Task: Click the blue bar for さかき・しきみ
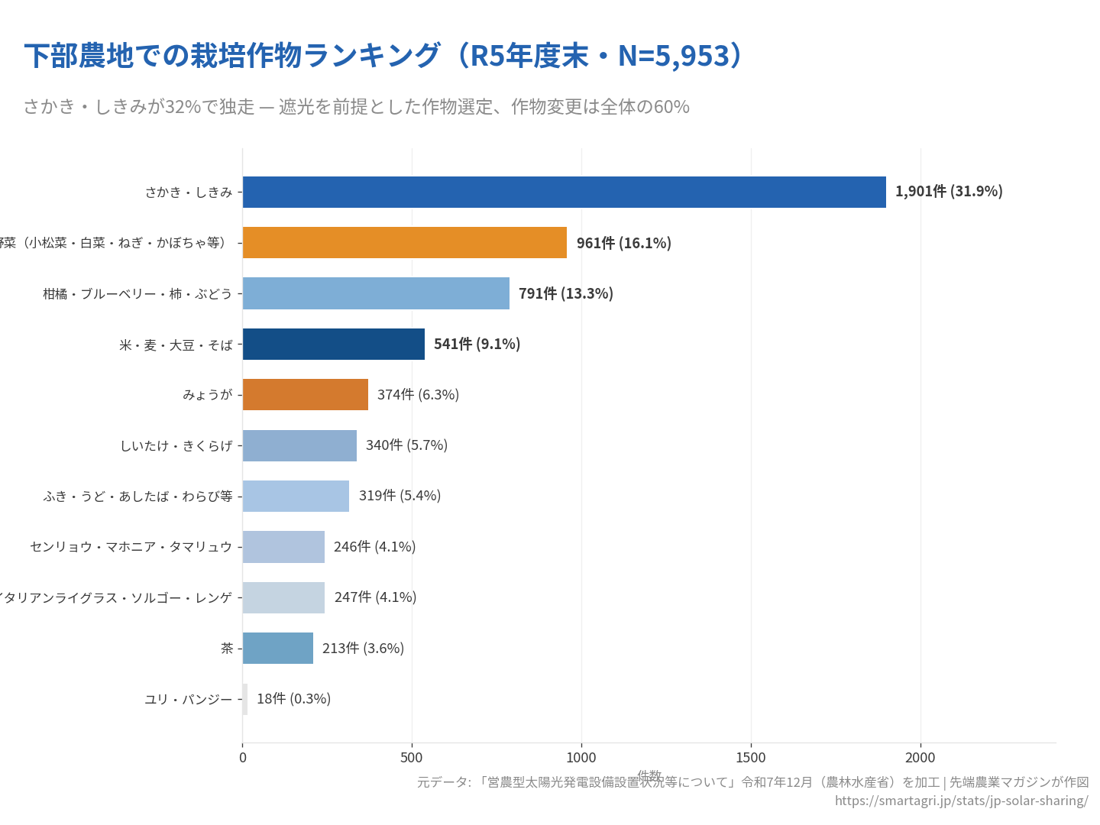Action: (564, 192)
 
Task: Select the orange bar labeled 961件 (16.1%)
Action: (405, 242)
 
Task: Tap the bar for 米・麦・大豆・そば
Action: (333, 344)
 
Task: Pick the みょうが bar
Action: (305, 394)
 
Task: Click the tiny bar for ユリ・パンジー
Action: (245, 699)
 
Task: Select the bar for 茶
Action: (277, 648)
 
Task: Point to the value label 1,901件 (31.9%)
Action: (948, 191)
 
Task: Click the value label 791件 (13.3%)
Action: (565, 293)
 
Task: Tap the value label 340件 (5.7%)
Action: (406, 445)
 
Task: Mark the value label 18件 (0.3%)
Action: (293, 699)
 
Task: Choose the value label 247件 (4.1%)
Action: (375, 597)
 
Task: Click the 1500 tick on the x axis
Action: (750, 757)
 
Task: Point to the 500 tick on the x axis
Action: (412, 757)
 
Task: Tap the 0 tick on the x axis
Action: (243, 757)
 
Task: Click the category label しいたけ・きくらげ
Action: (176, 445)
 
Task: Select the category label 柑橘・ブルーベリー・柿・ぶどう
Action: (137, 293)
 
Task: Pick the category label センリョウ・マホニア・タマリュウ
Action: (131, 547)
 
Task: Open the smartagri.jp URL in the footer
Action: (961, 801)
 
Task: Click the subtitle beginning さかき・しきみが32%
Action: (356, 106)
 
